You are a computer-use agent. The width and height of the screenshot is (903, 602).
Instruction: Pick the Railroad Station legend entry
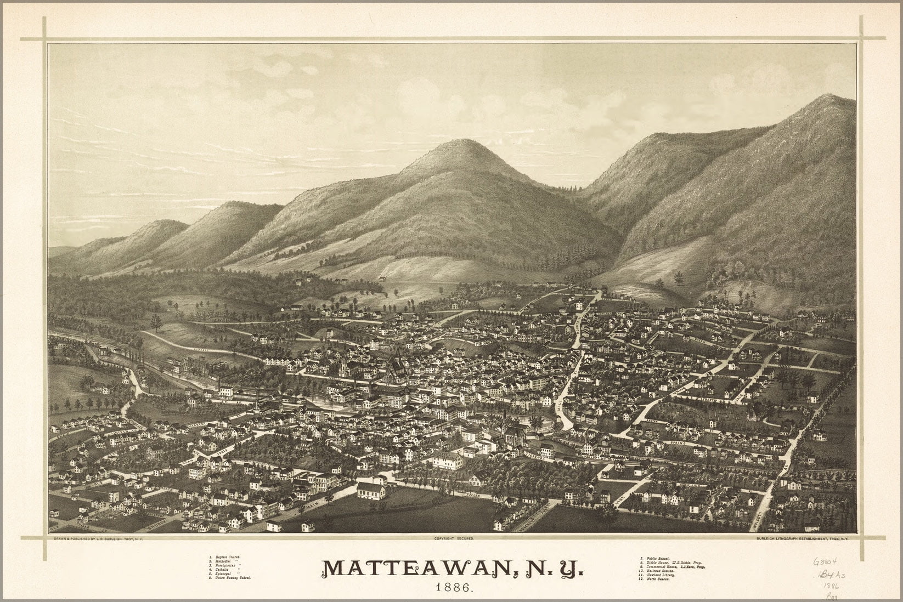click(x=661, y=571)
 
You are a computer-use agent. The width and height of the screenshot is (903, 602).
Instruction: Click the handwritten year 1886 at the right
click(x=838, y=586)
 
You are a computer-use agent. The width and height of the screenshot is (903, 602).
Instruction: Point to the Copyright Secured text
click(x=453, y=539)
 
